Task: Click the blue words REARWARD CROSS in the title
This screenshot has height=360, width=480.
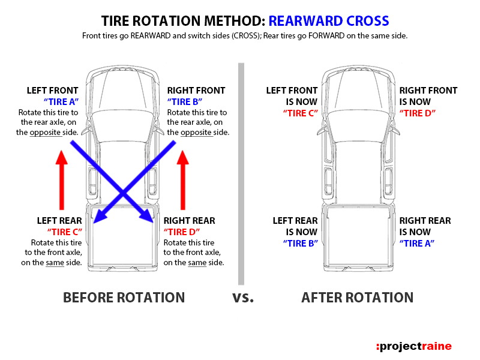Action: pyautogui.click(x=329, y=21)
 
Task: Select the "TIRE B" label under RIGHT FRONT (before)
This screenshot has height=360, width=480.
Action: pyautogui.click(x=187, y=101)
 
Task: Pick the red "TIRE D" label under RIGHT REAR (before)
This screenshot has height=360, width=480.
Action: pyautogui.click(x=182, y=232)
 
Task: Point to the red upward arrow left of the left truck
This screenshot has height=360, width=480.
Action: pyautogui.click(x=59, y=177)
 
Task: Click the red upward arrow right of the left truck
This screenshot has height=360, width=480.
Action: pyautogui.click(x=184, y=177)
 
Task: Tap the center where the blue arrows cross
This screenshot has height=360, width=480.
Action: pyautogui.click(x=123, y=192)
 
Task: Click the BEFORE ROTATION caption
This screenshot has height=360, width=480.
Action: pyautogui.click(x=124, y=298)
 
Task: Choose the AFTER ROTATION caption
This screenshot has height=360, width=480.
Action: pyautogui.click(x=357, y=298)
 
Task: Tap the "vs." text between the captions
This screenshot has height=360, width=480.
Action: pyautogui.click(x=243, y=298)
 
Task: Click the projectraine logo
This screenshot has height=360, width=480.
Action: pyautogui.click(x=413, y=346)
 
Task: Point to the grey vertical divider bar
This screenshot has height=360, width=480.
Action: pyautogui.click(x=241, y=174)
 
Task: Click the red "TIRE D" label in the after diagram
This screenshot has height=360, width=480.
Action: pyautogui.click(x=418, y=113)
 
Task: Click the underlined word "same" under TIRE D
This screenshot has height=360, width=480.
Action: pyautogui.click(x=197, y=263)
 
